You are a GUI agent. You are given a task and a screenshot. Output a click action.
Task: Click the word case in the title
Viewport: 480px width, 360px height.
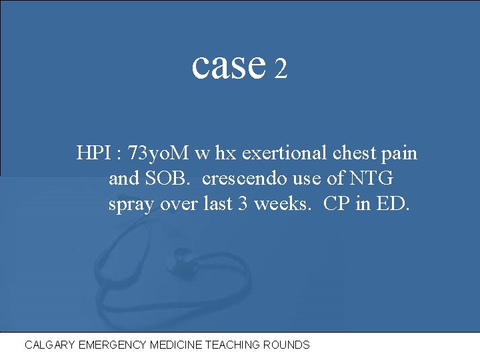point(228,65)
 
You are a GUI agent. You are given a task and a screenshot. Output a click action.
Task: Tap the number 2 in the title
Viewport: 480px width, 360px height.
point(281,69)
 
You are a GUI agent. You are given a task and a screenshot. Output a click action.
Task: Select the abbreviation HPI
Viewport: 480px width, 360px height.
point(95,154)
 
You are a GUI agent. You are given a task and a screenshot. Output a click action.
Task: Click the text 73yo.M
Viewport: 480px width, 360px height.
point(158,154)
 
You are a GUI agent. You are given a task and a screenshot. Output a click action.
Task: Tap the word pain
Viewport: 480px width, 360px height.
point(400,154)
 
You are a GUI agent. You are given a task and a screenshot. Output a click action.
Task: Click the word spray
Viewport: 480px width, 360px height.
point(132,204)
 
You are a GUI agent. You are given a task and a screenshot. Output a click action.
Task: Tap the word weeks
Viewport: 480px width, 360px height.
point(281,203)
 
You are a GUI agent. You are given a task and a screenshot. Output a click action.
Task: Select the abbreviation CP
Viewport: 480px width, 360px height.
point(337,203)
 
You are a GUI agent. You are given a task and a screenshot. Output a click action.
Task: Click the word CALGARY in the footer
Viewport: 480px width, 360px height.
point(49,345)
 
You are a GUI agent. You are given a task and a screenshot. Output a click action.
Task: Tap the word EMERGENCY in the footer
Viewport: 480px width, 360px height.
point(111,345)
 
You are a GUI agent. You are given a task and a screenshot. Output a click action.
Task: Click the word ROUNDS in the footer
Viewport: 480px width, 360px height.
point(287,345)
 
